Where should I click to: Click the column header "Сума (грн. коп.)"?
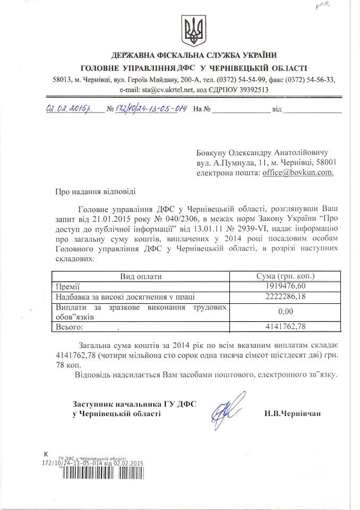tap(285, 276)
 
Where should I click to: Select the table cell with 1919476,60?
tap(285, 286)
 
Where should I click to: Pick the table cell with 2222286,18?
tap(285, 296)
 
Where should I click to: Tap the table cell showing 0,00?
tap(285, 311)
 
